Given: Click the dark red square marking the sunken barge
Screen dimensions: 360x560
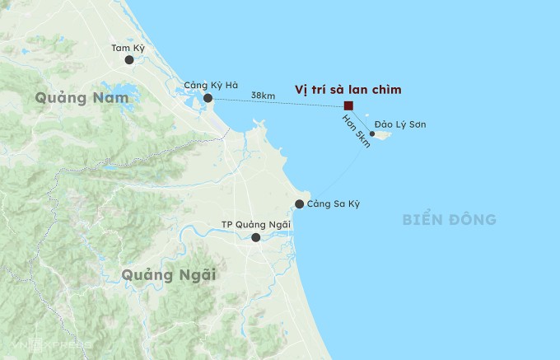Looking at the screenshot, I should (349, 105).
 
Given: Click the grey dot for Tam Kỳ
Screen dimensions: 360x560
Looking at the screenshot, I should (129, 60).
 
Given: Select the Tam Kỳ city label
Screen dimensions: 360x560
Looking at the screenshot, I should (128, 47).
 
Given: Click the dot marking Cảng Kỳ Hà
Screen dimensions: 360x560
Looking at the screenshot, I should (208, 98).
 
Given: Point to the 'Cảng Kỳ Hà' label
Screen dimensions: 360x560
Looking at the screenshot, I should (210, 85).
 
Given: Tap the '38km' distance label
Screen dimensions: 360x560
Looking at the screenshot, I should (263, 96).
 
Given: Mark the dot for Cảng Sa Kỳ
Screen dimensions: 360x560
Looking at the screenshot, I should (299, 204).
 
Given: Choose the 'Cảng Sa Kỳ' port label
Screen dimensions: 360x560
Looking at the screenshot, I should (334, 204).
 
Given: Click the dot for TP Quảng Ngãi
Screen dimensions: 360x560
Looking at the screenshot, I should (256, 237).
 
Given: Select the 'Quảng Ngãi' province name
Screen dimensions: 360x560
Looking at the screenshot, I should (168, 274).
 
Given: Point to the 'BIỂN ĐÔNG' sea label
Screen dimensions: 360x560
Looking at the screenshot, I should (450, 219).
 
